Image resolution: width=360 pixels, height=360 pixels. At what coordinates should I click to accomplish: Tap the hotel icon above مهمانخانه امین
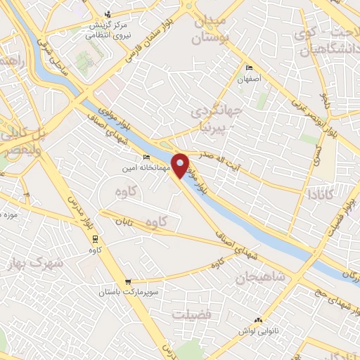146,157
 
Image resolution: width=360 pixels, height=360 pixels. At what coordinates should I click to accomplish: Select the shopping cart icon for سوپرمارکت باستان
127,281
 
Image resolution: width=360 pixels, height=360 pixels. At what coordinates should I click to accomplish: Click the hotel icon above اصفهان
250,68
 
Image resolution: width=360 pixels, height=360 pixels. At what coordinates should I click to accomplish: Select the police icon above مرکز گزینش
107,13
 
